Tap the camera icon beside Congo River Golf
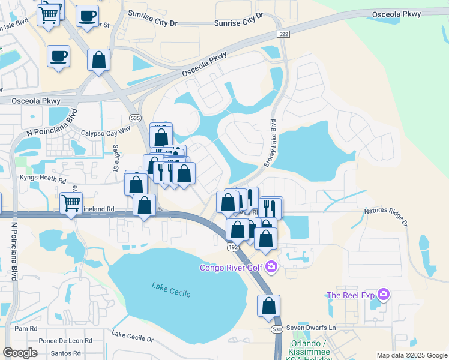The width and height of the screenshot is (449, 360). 271,266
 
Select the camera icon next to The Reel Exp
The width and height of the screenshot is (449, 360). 384,295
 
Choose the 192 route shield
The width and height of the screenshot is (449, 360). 232,247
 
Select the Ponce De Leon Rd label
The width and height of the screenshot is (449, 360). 65,340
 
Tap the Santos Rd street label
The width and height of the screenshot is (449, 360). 65,353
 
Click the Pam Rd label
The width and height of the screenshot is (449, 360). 26,329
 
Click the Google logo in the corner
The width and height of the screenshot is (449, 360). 20,353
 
